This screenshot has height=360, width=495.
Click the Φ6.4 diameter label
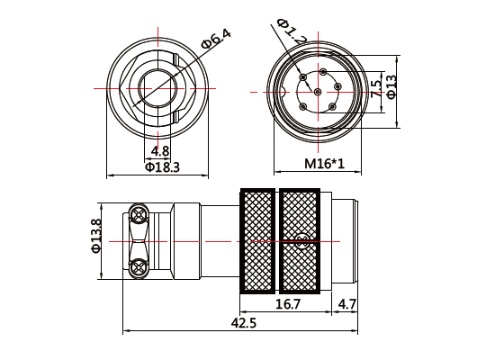[x=216, y=40]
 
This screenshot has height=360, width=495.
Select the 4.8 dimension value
[x=161, y=150]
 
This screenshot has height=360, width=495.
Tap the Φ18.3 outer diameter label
[x=162, y=166]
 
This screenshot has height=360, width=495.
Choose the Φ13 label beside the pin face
[x=391, y=87]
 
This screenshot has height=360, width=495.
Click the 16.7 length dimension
[x=287, y=305]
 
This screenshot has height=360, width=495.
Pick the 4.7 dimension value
[x=347, y=305]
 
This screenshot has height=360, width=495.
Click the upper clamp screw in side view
[x=139, y=214]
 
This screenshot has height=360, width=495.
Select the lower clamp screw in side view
[x=139, y=266]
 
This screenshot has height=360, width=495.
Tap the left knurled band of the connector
[x=257, y=240]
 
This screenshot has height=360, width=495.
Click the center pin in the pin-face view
[x=318, y=91]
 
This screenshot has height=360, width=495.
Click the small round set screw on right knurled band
[x=301, y=239]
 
